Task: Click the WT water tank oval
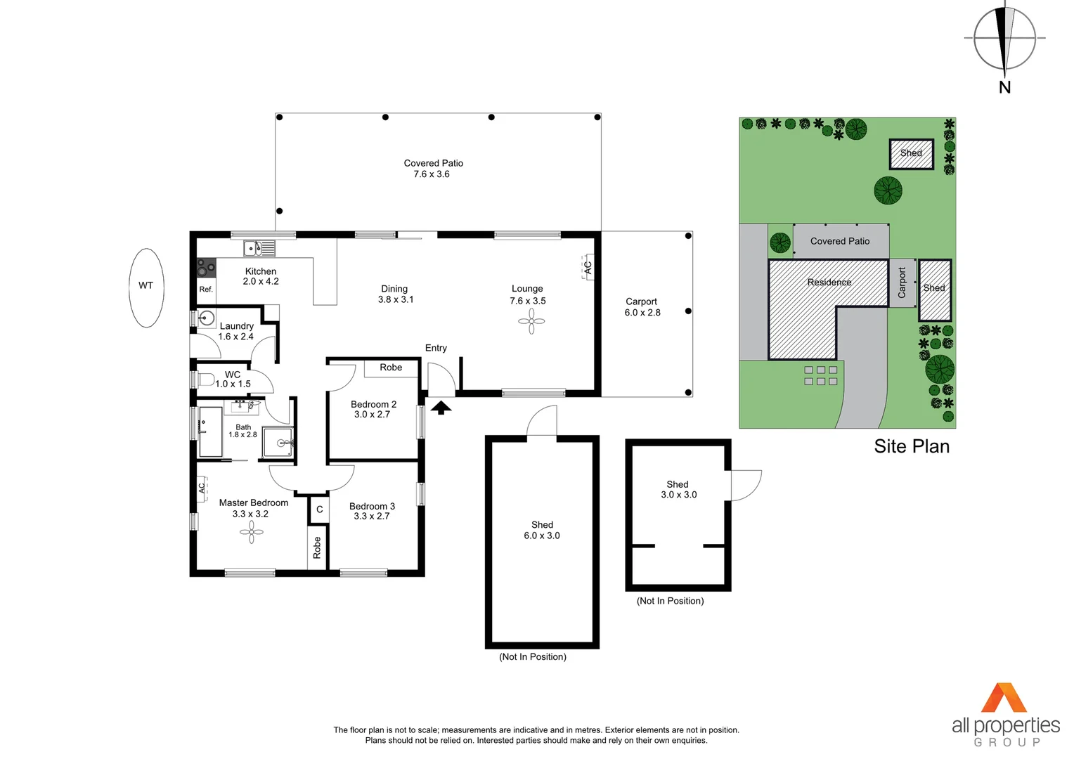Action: coord(146,287)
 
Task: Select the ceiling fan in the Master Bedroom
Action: coord(251,533)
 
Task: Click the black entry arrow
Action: coord(441,407)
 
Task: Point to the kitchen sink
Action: coord(259,248)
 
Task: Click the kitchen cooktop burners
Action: coord(206,268)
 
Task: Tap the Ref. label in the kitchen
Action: coord(206,289)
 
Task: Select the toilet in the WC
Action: coord(205,380)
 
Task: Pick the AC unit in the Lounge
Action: coord(588,267)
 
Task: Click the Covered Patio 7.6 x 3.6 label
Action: coord(433,169)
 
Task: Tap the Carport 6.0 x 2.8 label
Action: coord(642,307)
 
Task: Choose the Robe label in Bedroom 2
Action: coord(391,368)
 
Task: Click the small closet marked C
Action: coord(319,510)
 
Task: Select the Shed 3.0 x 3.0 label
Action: coord(678,490)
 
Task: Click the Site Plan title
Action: coord(911,446)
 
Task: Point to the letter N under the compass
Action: coord(1004,87)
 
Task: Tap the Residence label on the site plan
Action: coord(829,283)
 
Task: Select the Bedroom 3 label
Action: coord(372,511)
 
